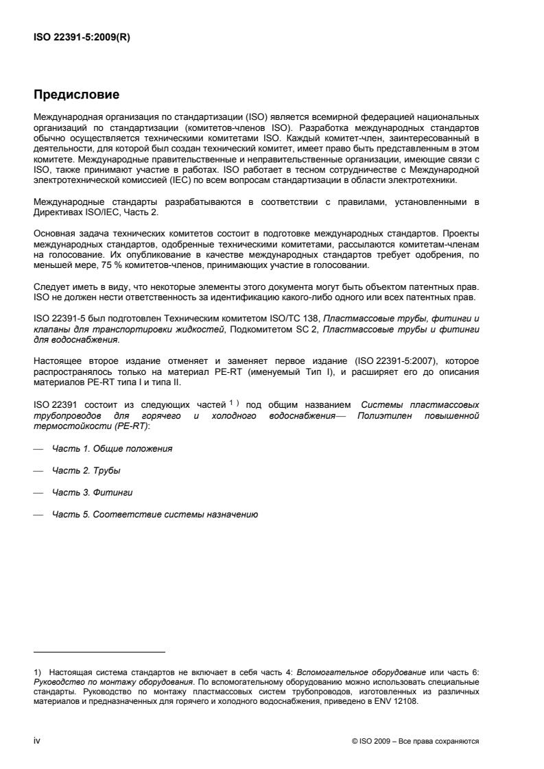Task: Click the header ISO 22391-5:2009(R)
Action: (x=82, y=38)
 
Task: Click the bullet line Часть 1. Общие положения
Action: (x=113, y=448)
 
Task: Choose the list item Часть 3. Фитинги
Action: (x=91, y=493)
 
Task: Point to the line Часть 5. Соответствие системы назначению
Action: (x=155, y=515)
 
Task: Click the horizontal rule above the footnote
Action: (x=99, y=652)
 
